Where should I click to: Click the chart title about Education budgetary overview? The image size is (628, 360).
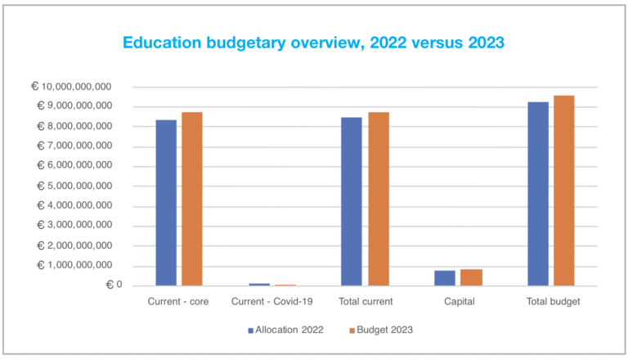click(x=314, y=42)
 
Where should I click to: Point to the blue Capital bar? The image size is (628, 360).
click(x=445, y=278)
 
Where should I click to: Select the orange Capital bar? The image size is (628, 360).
click(x=472, y=277)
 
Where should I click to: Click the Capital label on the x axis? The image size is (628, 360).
click(x=458, y=302)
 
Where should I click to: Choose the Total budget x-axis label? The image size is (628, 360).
click(x=552, y=302)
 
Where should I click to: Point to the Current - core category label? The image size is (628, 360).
click(x=178, y=302)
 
